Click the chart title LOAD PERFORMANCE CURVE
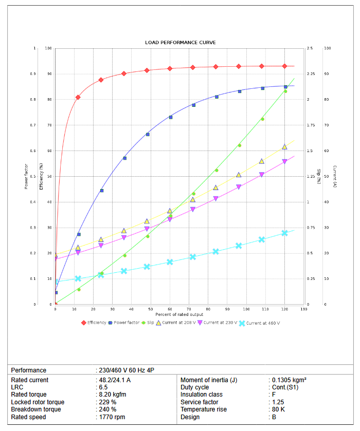180,42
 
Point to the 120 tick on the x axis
284,309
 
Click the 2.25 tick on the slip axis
310,74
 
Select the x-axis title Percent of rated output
180,314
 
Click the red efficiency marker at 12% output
78,97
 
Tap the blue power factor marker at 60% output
171,117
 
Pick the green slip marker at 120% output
285,91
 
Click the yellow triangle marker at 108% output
262,161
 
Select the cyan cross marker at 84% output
216,252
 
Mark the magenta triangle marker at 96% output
239,188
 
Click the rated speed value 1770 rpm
112,417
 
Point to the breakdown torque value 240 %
107,409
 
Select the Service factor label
200,402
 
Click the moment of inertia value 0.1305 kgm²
289,380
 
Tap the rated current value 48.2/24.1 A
115,380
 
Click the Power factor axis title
26,176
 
